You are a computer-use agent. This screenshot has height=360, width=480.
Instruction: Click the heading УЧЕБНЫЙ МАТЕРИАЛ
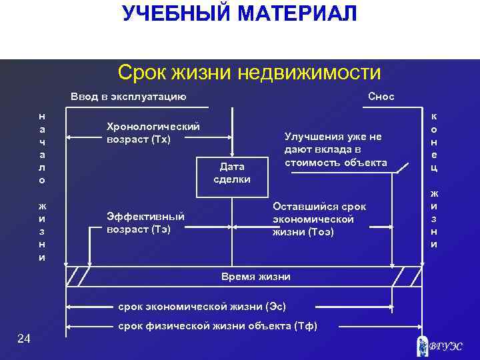[239, 13]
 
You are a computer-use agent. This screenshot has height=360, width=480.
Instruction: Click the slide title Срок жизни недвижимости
[249, 72]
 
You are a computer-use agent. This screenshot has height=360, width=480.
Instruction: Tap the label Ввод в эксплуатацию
[128, 97]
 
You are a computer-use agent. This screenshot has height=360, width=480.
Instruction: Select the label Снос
[381, 97]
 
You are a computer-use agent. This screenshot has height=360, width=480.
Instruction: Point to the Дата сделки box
[231, 173]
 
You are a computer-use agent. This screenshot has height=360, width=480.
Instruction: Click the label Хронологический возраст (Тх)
[153, 133]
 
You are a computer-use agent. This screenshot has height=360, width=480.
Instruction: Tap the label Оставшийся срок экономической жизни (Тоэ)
[319, 219]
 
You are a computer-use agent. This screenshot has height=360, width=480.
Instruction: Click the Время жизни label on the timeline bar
[255, 276]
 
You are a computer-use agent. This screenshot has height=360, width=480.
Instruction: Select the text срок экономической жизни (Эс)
[202, 307]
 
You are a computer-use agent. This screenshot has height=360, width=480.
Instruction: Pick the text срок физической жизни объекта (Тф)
[218, 326]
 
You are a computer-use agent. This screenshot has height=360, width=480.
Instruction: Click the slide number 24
[24, 340]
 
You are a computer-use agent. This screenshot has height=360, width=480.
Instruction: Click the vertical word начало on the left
[43, 147]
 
